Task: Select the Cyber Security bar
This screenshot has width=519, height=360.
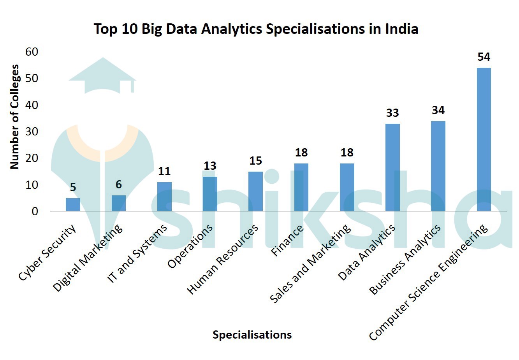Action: (x=73, y=205)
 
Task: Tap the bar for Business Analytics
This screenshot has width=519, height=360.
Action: (x=438, y=166)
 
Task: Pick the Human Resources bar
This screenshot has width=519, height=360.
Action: (x=255, y=191)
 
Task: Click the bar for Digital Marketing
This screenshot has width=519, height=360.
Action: (x=119, y=203)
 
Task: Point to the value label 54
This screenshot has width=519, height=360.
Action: (x=484, y=57)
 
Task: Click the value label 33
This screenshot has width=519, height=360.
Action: (x=392, y=113)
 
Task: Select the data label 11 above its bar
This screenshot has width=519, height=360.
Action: (x=164, y=171)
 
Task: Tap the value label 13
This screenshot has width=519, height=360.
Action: (x=210, y=166)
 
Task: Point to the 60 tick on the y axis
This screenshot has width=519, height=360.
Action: (x=32, y=52)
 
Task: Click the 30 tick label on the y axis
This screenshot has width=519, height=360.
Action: (x=32, y=132)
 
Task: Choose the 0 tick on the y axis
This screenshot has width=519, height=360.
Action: (x=35, y=211)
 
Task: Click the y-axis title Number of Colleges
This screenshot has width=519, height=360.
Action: (x=14, y=117)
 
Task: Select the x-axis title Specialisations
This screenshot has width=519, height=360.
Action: (x=252, y=335)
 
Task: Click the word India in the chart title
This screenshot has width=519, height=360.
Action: (x=401, y=29)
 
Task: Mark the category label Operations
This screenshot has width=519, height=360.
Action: (x=190, y=246)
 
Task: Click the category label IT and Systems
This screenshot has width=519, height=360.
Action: (x=137, y=253)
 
